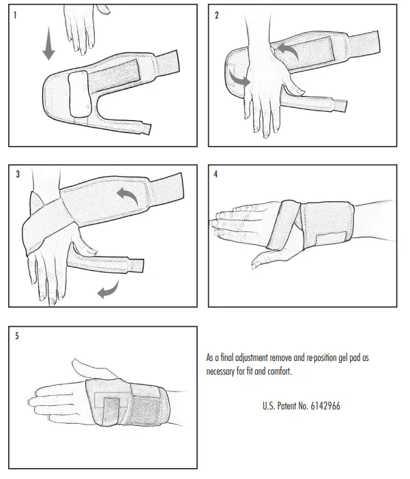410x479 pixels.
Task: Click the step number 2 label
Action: coord(217,15)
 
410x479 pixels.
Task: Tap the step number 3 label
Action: coord(18,174)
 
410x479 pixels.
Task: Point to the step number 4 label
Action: coord(217,174)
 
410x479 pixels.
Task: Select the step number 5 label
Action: coord(18,335)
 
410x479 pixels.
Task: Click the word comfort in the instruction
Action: coord(281,372)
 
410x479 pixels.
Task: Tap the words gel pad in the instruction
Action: coord(347,358)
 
